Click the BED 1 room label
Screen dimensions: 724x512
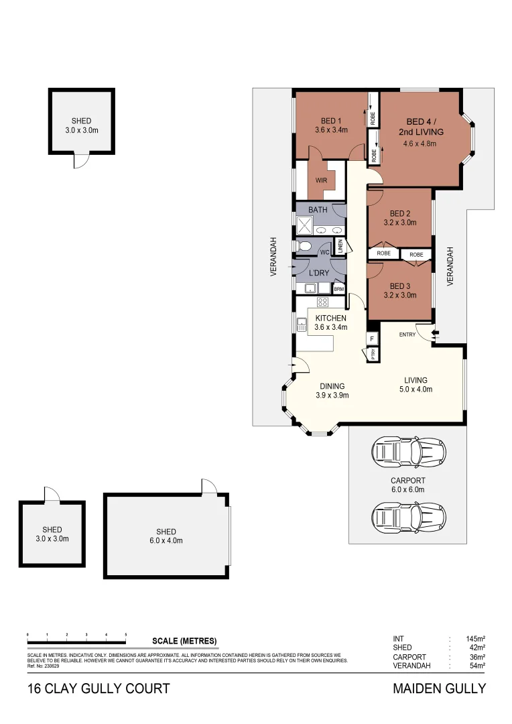[331, 121]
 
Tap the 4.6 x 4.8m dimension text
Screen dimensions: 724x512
[420, 143]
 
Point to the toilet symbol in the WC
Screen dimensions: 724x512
[304, 247]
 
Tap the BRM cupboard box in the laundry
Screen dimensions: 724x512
[339, 289]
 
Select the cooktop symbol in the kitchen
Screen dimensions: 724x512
[322, 302]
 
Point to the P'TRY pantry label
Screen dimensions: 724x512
[373, 355]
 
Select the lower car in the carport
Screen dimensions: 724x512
[408, 516]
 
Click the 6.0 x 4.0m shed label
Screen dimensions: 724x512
[166, 536]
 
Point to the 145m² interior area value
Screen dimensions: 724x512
[475, 639]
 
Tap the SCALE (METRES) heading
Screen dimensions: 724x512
[184, 641]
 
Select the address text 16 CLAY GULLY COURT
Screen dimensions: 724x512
[99, 688]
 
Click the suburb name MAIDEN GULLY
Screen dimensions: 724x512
[438, 688]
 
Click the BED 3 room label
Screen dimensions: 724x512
[400, 285]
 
